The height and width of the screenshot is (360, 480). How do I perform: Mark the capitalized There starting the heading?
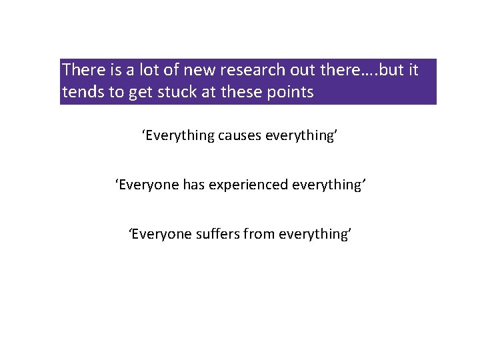[x=81, y=70]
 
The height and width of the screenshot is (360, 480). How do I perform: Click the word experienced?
[x=249, y=185]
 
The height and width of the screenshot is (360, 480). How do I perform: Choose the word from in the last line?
[x=260, y=234]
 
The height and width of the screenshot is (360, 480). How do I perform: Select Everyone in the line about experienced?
[x=146, y=185]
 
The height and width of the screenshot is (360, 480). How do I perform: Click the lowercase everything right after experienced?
[x=327, y=185]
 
